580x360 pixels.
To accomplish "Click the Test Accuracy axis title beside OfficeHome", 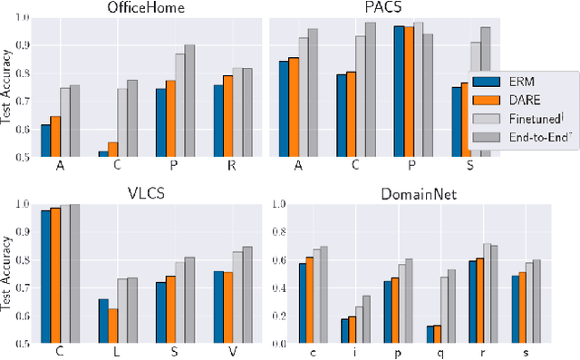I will point(9,85).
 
